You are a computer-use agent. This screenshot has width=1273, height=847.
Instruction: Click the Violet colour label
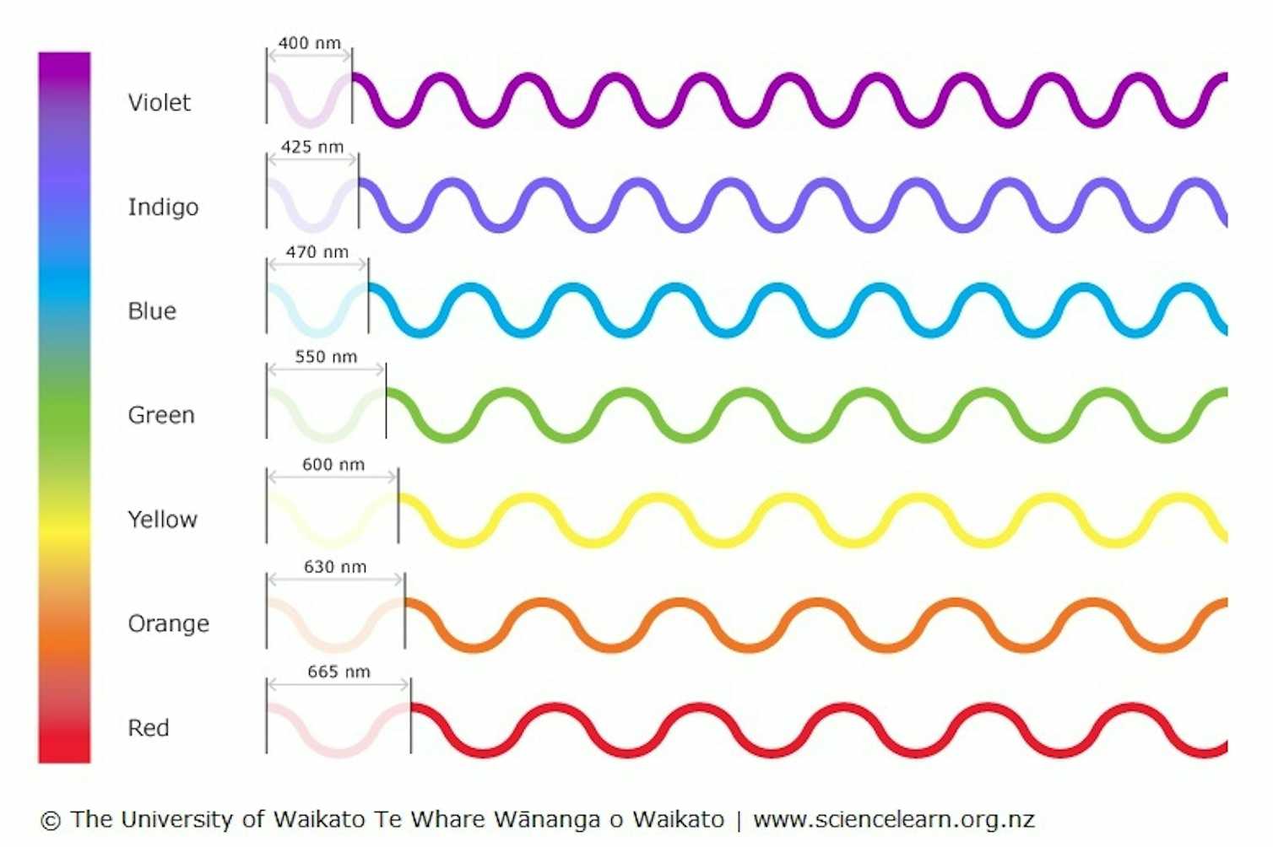coord(159,102)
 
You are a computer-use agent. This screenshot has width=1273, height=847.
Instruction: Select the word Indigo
coord(163,207)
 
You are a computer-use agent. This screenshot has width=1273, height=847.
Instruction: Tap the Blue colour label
coord(152,311)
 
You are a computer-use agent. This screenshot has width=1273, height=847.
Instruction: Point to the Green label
coord(160,415)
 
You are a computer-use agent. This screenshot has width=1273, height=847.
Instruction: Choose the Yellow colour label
coord(162,519)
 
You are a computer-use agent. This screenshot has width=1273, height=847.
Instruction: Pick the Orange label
coord(168,623)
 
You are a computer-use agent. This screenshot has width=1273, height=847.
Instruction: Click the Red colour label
coord(148,727)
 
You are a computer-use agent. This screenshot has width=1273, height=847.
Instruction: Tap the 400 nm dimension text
coord(309,43)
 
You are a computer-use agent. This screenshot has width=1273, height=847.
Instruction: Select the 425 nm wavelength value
coord(311,147)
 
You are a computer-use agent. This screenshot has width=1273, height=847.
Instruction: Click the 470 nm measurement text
coord(317,251)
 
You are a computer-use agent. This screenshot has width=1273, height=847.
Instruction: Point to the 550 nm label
coord(326,356)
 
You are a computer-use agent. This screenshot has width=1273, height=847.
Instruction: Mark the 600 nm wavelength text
coord(333,464)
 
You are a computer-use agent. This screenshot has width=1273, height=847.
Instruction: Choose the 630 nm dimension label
coord(335,567)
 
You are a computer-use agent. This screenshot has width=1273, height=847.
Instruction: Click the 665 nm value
coord(339,672)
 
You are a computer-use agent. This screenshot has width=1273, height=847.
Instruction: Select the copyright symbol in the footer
coord(51,820)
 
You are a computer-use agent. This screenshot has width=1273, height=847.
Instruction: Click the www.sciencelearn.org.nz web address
coord(893,819)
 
